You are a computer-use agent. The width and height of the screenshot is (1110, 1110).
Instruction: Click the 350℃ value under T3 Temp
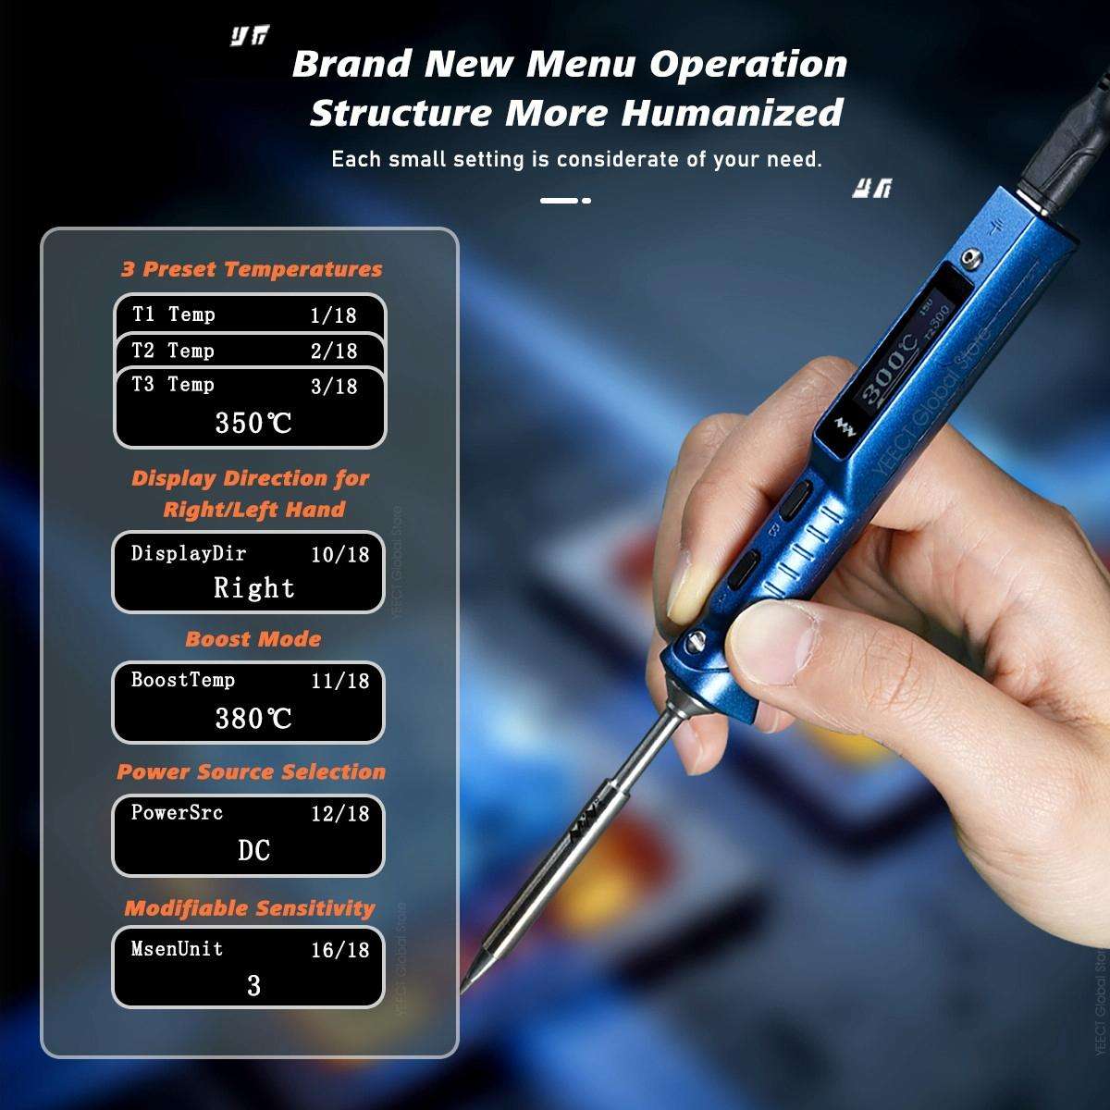(x=253, y=423)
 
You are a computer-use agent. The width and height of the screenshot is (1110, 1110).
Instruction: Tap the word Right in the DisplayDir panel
(x=253, y=587)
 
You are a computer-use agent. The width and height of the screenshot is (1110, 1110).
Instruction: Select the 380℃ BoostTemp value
(x=253, y=718)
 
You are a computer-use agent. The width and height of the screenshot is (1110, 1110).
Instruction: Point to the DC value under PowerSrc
(x=253, y=850)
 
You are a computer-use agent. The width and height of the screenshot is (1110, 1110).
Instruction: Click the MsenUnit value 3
(x=254, y=986)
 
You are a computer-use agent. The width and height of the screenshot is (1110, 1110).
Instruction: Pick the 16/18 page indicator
(x=339, y=949)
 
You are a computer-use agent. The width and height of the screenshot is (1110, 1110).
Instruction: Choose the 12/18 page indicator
(x=339, y=813)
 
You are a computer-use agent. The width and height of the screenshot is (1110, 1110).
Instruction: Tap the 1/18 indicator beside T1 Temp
(x=333, y=314)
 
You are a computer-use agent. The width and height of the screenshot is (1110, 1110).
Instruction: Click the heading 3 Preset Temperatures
(x=252, y=269)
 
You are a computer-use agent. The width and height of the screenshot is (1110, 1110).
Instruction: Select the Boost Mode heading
(x=253, y=639)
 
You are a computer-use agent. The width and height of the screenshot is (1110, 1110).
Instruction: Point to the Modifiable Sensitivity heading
(x=250, y=908)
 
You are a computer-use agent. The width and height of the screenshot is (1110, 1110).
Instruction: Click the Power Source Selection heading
(x=251, y=771)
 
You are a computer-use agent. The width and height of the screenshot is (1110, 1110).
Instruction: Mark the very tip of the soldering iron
(x=463, y=991)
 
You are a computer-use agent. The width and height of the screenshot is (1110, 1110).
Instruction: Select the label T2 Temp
(x=173, y=351)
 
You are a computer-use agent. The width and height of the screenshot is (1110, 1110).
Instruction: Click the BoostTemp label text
(x=183, y=680)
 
